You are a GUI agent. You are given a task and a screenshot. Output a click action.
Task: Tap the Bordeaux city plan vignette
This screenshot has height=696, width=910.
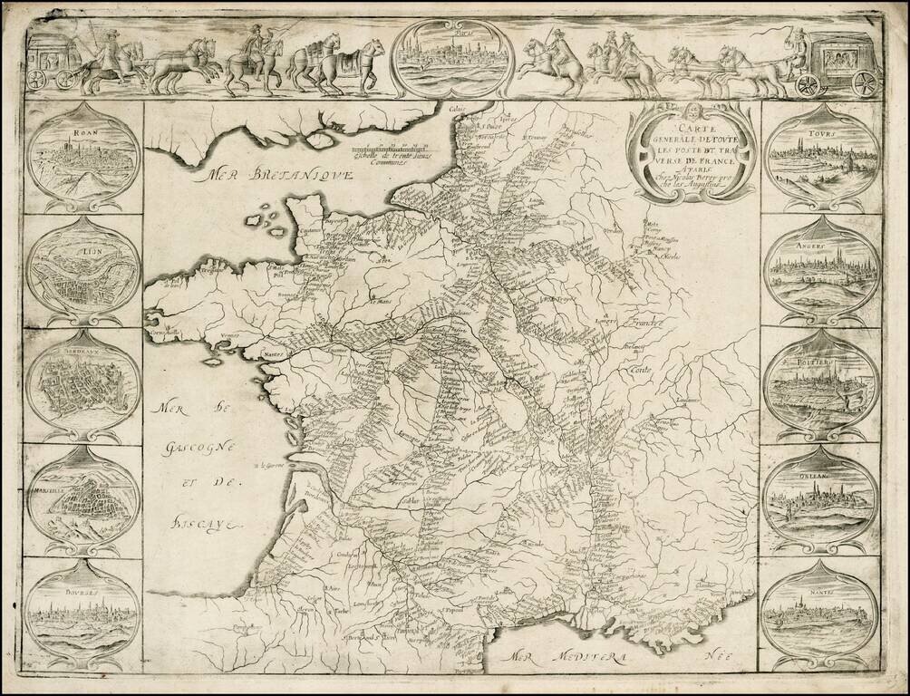[82, 385]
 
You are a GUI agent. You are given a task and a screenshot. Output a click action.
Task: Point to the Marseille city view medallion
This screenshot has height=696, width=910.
[82, 498]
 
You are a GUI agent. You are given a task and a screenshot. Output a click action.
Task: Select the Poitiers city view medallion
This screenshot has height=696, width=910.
[820, 385]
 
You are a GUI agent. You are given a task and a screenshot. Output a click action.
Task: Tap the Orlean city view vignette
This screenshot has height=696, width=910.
[820, 498]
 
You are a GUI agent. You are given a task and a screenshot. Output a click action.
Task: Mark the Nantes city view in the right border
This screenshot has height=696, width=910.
[820, 612]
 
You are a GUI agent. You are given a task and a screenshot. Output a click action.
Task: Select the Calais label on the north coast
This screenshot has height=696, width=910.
[453, 111]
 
